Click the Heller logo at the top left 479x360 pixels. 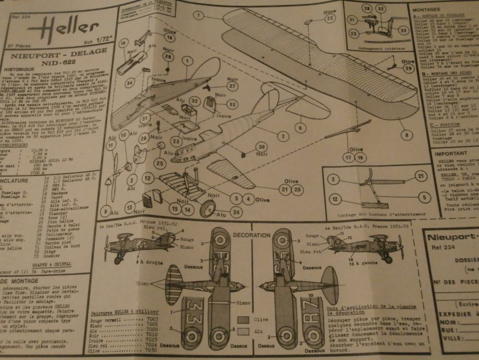click(x=61, y=27)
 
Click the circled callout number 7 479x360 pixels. click(x=198, y=16)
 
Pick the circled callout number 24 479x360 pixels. click(x=236, y=212)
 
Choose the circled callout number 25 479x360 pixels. click(x=159, y=163)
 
